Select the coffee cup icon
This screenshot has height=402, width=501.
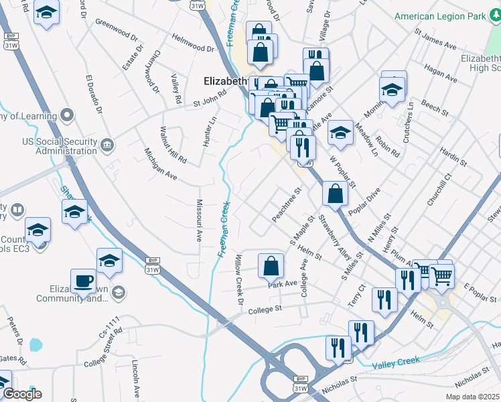coord(84,281)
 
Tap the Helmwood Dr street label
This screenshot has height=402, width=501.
coord(192,44)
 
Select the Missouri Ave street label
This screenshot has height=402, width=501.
coord(199,220)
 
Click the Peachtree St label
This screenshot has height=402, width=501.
coord(287,205)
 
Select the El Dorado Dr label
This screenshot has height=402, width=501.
coord(93,93)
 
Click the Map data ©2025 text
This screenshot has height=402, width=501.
coord(473,397)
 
